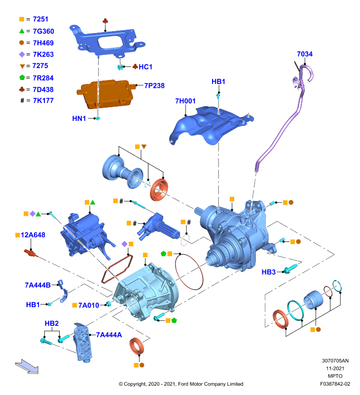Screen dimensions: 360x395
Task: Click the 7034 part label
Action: (304, 54)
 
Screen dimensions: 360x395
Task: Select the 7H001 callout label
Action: (185, 101)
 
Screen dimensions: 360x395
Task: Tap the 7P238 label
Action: (154, 85)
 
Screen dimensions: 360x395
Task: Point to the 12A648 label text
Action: (33, 235)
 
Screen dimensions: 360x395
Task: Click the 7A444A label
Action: (108, 335)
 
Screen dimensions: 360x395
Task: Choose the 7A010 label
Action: (89, 305)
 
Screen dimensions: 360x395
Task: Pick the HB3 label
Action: (268, 272)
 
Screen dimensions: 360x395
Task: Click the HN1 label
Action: (79, 118)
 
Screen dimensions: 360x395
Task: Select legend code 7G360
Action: (43, 31)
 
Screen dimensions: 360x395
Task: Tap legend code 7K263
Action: (43, 54)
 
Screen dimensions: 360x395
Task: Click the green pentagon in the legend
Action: (22, 78)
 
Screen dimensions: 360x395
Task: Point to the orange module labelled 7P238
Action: (105, 94)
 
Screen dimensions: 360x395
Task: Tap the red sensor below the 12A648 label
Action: (31, 253)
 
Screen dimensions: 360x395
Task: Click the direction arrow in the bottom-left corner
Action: (27, 366)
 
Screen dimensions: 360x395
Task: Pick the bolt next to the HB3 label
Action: (290, 269)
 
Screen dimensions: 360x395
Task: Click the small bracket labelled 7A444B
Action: (63, 291)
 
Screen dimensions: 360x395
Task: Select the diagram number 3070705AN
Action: (335, 361)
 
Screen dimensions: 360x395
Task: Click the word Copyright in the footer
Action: (135, 384)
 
